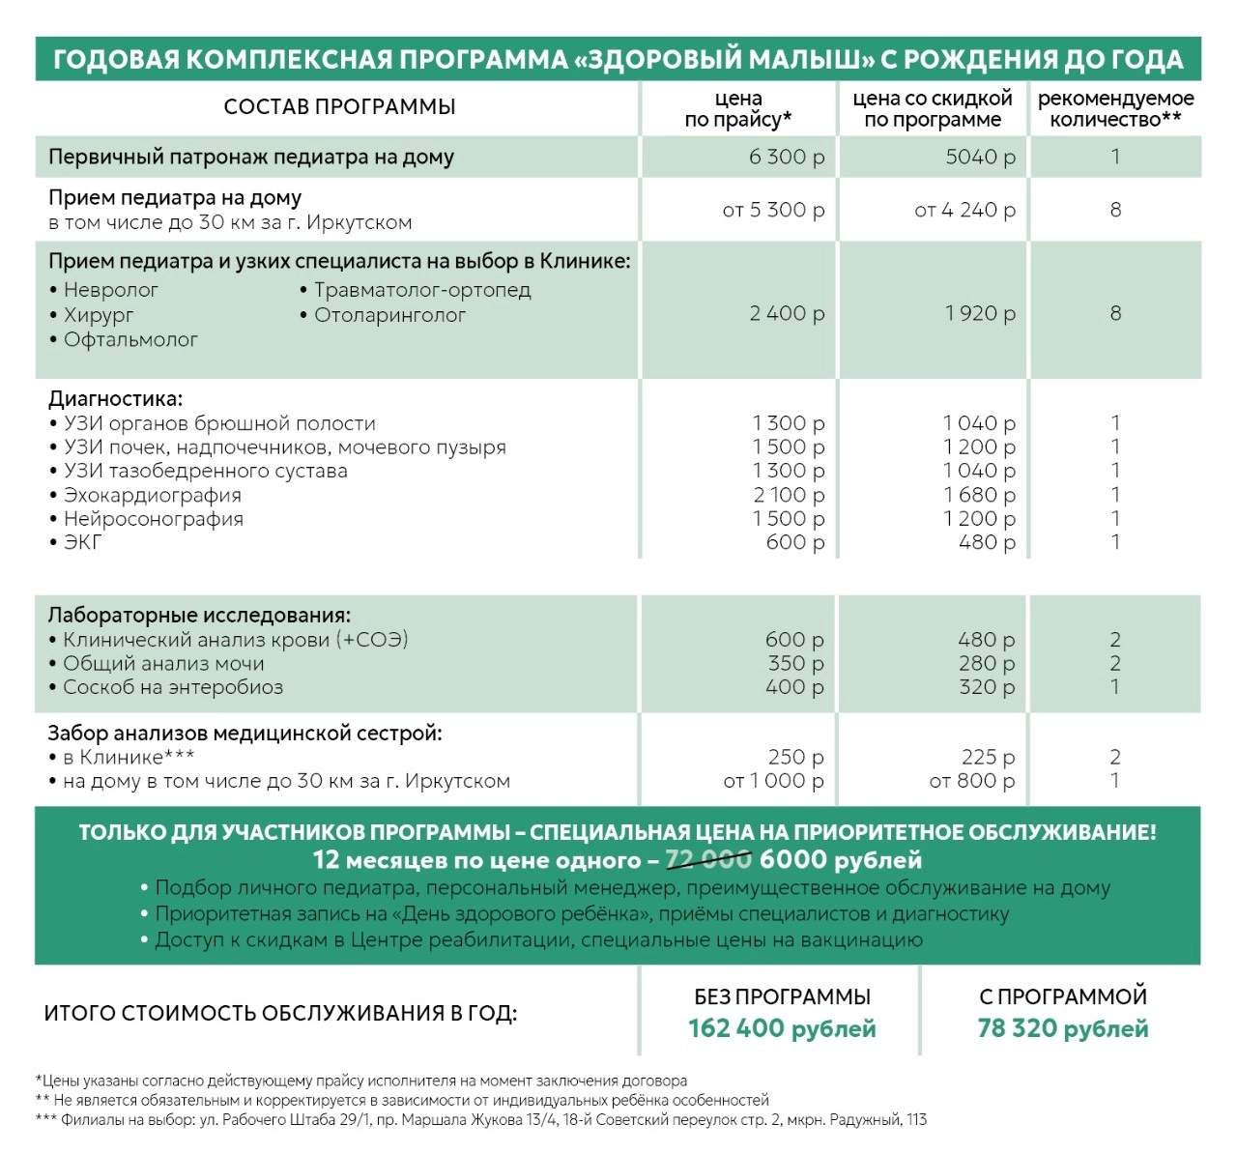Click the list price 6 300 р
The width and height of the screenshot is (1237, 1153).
click(x=786, y=157)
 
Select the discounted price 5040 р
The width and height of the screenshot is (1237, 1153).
click(x=979, y=157)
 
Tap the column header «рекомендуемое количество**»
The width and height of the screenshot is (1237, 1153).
click(x=1115, y=108)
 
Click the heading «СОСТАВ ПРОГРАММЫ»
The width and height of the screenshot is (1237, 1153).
click(x=339, y=106)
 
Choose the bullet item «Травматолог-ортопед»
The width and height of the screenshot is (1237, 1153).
click(x=421, y=290)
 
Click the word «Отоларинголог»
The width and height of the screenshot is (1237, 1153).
click(x=389, y=315)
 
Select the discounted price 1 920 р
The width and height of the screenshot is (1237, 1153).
click(x=979, y=313)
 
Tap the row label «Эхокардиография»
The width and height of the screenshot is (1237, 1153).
click(x=152, y=495)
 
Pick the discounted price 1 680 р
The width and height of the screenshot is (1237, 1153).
click(x=979, y=495)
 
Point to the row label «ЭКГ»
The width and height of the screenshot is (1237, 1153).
click(x=82, y=542)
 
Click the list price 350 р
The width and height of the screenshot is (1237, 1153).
click(x=795, y=663)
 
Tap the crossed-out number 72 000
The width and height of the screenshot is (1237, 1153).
click(x=707, y=859)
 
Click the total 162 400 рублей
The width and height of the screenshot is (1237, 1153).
click(x=782, y=1028)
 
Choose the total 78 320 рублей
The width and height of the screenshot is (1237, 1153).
click(x=1062, y=1028)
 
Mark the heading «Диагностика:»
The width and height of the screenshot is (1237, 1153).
click(x=115, y=399)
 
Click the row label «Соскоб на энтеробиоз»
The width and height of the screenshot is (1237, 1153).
click(x=172, y=687)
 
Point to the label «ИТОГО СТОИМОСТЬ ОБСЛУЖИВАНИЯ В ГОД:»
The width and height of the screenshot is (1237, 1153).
click(x=280, y=1014)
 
